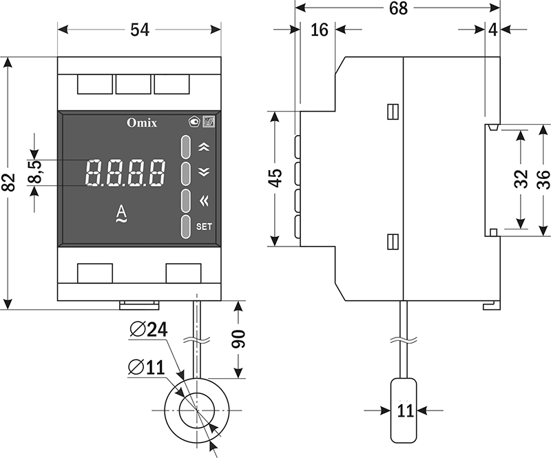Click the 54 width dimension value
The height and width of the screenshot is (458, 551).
(x=140, y=30)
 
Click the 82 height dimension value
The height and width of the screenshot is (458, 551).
(x=9, y=182)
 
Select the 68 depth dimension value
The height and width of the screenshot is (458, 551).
(x=398, y=8)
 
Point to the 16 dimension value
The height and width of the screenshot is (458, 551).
(x=319, y=30)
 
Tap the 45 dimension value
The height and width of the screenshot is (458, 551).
(x=275, y=178)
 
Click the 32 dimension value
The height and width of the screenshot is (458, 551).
(x=521, y=178)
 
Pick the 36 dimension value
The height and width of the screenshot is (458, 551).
(x=543, y=178)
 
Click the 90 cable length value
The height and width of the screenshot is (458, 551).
(x=238, y=338)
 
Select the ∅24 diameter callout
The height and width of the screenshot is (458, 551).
(x=148, y=330)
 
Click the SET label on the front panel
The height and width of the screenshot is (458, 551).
(x=205, y=226)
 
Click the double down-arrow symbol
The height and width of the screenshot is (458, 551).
(x=202, y=172)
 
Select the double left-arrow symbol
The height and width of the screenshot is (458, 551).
(x=202, y=201)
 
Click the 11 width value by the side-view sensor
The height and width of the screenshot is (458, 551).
(x=405, y=411)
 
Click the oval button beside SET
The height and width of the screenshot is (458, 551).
(x=186, y=227)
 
